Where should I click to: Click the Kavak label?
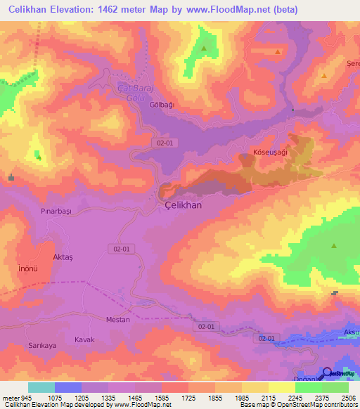(x=84, y=339)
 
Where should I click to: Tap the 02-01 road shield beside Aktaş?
(x=121, y=248)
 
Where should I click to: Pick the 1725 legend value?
(x=188, y=396)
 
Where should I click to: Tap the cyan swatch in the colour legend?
(x=41, y=387)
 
